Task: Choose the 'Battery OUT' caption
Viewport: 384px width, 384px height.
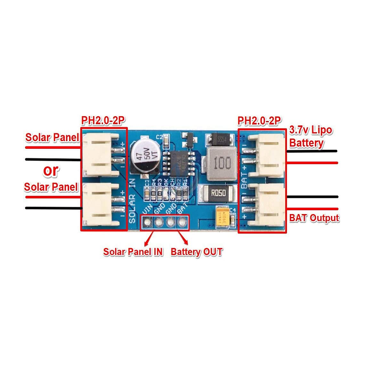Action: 196,252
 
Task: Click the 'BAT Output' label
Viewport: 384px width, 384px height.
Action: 314,217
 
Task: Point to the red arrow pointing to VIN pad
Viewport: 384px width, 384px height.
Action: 149,237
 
